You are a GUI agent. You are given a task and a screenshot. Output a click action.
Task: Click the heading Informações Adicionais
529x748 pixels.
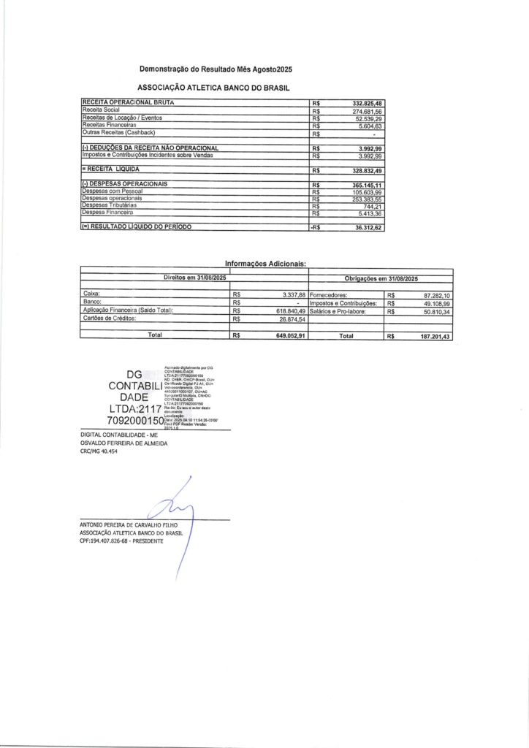pyautogui.click(x=264, y=265)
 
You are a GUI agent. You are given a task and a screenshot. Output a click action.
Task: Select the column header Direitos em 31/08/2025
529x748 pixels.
pyautogui.click(x=196, y=278)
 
